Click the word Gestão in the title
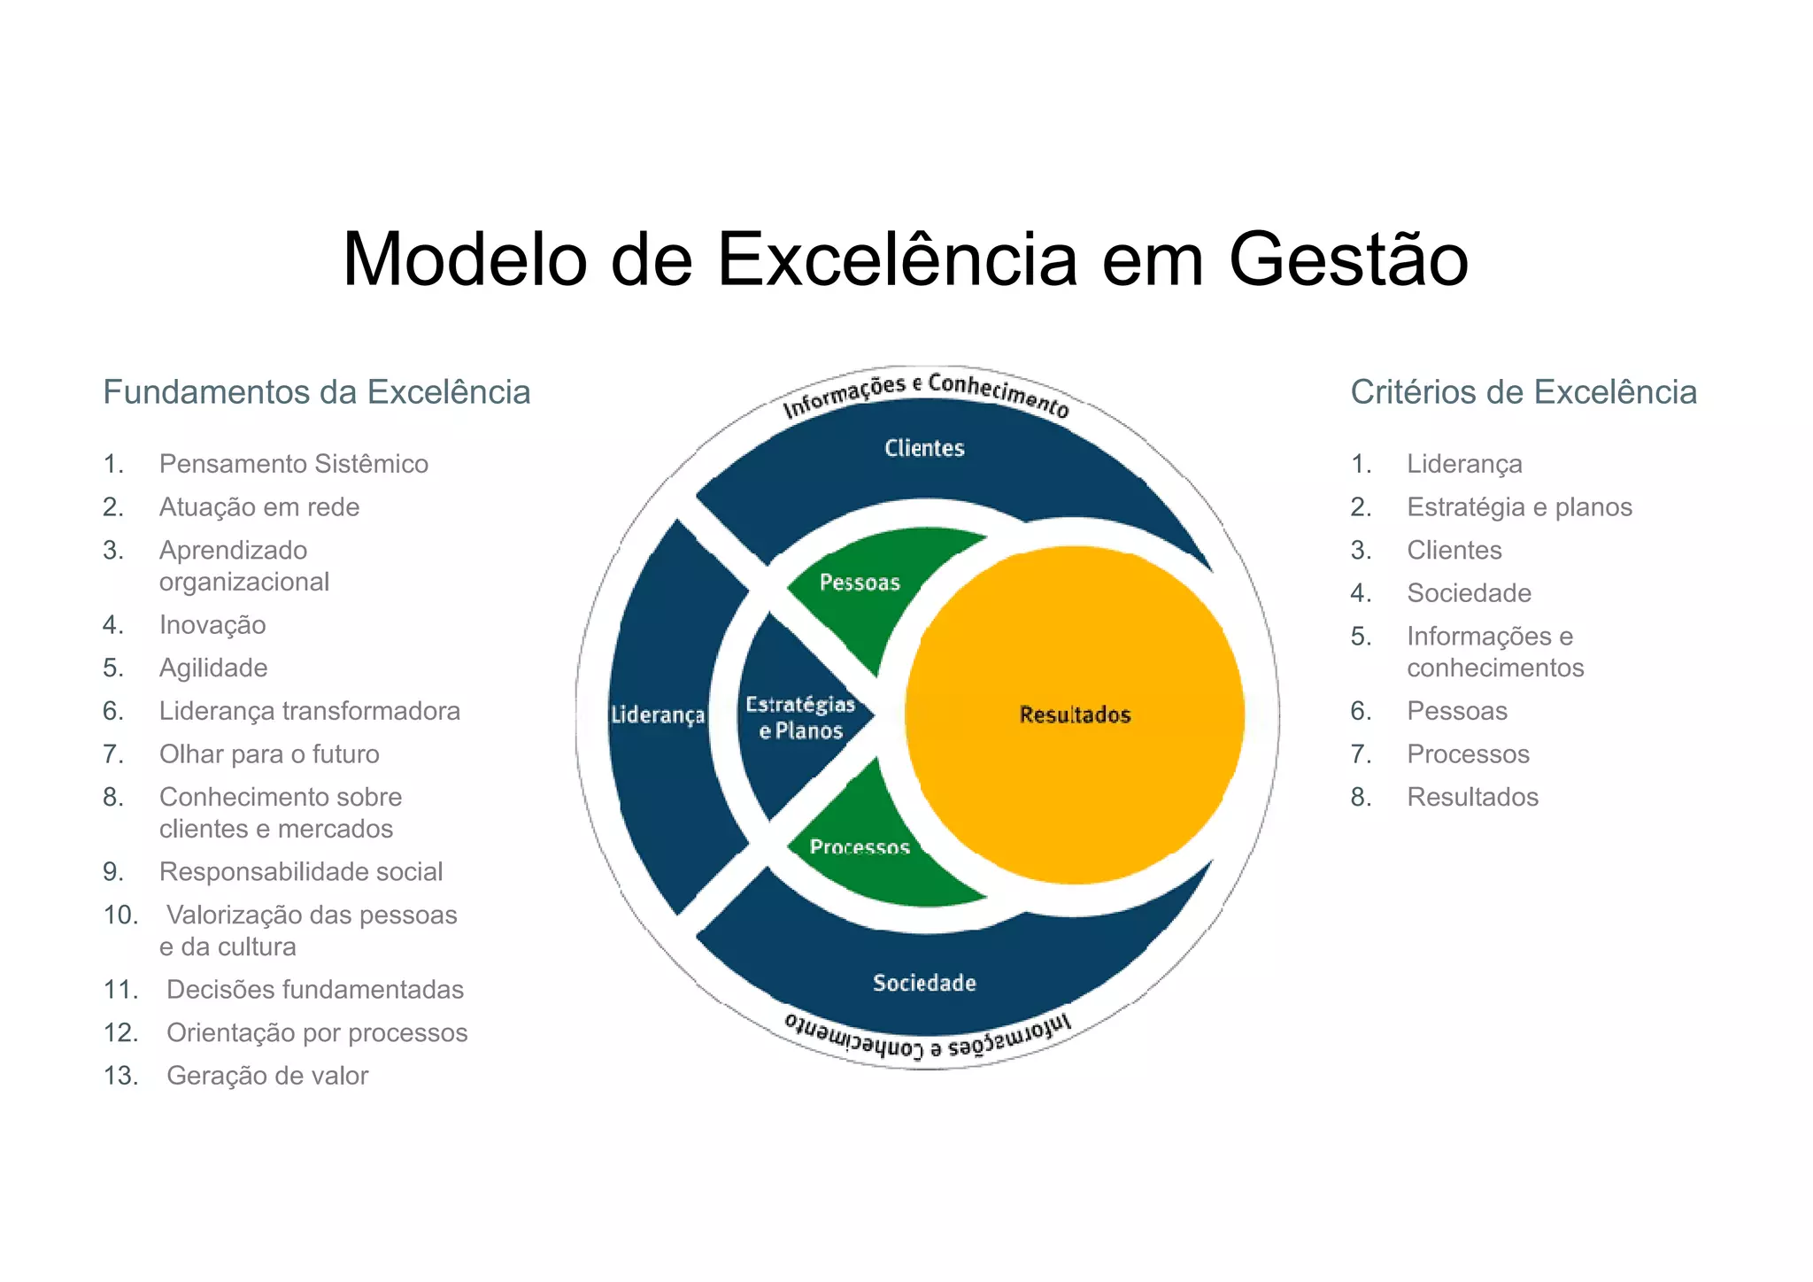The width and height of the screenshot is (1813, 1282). [1348, 260]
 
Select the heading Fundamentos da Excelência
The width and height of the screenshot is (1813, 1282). [316, 392]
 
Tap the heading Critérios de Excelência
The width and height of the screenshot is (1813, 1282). [1523, 392]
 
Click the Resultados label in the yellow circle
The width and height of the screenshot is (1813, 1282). [1075, 714]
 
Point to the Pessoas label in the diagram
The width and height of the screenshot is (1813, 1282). [859, 583]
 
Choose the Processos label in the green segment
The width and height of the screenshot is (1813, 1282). [859, 847]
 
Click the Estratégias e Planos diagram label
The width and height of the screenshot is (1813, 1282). [800, 717]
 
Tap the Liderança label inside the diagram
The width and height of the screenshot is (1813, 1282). [658, 714]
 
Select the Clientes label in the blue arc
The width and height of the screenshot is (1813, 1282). [924, 448]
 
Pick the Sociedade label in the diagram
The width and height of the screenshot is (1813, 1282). [924, 983]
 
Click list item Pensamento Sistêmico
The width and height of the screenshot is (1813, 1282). [293, 464]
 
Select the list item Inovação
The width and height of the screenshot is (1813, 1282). [212, 625]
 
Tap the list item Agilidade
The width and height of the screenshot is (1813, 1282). [213, 668]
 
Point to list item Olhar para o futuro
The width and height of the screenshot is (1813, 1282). [269, 754]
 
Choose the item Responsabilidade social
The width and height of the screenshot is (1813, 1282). [301, 872]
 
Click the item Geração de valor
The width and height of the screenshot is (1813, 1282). [267, 1076]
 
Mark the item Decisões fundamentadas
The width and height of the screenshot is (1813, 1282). [315, 990]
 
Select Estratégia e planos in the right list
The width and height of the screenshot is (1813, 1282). [1519, 507]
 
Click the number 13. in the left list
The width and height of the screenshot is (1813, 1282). [120, 1076]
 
